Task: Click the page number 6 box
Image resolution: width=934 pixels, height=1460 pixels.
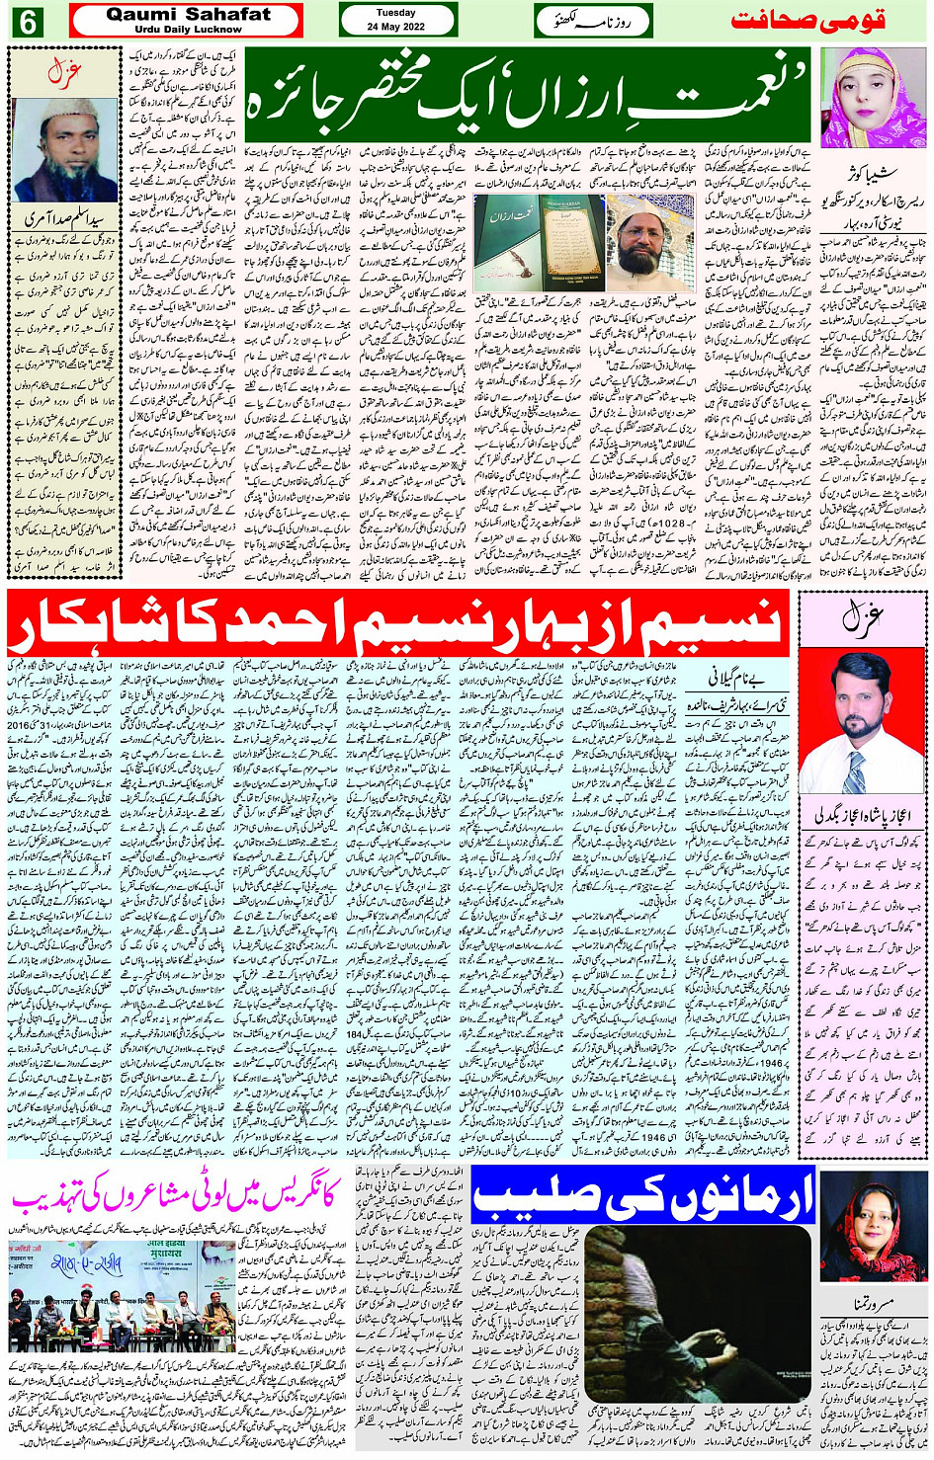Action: click(26, 21)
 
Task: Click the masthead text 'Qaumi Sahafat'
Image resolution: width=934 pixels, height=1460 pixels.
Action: click(188, 14)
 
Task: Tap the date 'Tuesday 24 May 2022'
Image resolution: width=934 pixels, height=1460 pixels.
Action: click(396, 20)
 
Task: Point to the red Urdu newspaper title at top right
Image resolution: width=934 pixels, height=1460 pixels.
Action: click(807, 21)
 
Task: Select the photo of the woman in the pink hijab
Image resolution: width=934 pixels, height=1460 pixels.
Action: click(872, 99)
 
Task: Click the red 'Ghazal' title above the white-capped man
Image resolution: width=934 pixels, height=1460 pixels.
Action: click(65, 71)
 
